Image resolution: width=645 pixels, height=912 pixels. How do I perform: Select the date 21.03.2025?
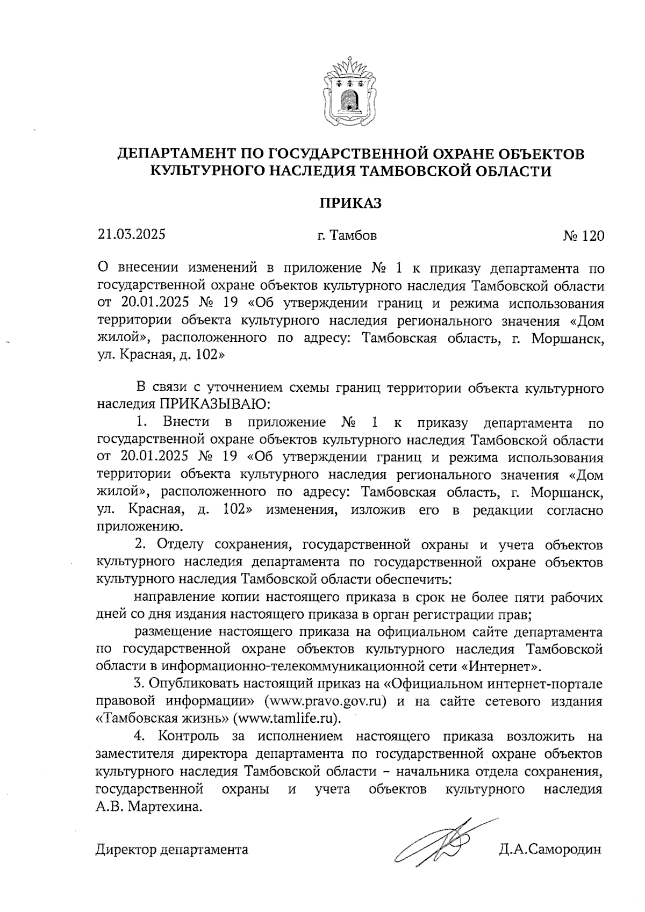[131, 234]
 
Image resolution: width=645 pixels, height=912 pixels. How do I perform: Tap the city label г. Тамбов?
[347, 235]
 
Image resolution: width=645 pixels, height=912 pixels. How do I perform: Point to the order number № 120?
[583, 236]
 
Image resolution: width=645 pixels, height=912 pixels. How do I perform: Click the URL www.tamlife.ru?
[293, 719]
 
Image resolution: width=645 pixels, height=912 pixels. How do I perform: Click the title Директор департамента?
[172, 850]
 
